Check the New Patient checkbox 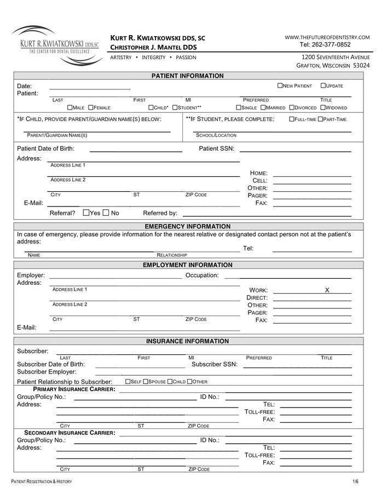(x=280, y=86)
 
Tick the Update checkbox (x=323, y=86)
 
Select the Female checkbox (x=90, y=108)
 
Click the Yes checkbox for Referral (x=86, y=213)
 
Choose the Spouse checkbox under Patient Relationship (x=146, y=382)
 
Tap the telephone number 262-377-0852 (x=325, y=45)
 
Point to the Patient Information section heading (x=187, y=76)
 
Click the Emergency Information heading (x=187, y=227)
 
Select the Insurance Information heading (x=187, y=341)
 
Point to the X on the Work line (x=327, y=290)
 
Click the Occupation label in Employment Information (x=202, y=276)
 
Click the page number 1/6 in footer (x=355, y=481)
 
